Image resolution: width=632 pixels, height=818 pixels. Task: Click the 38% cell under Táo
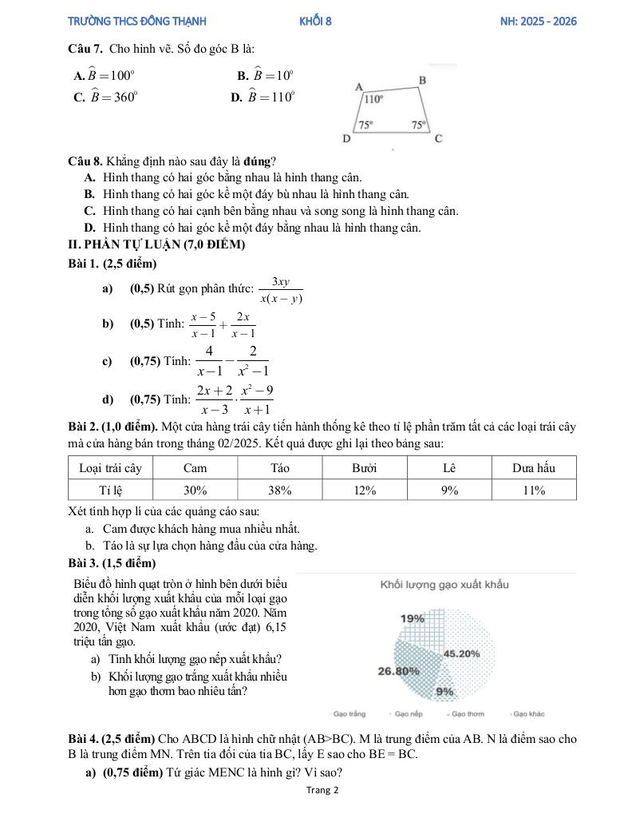[x=280, y=490]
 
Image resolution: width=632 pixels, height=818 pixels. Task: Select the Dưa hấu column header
[x=534, y=467]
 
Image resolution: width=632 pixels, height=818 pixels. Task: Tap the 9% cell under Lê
[x=449, y=490]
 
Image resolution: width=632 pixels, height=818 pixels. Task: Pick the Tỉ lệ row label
[x=110, y=490]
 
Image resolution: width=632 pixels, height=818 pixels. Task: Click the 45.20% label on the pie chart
[x=461, y=653]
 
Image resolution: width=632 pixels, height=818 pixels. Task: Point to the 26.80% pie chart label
[x=398, y=671]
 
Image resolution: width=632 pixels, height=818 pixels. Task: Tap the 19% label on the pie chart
[x=413, y=618]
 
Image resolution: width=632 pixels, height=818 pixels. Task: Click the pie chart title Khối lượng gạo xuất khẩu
[x=444, y=584]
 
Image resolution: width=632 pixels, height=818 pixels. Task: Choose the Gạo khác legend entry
[x=529, y=713]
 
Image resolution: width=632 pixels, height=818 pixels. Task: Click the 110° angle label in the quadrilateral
[x=373, y=100]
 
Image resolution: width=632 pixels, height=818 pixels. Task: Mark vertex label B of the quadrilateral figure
[x=423, y=80]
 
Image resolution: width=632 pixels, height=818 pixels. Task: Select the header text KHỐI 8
[x=315, y=22]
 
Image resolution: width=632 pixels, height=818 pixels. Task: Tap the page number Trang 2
[x=322, y=791]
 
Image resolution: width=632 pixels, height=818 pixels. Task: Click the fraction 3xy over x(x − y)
[x=281, y=291]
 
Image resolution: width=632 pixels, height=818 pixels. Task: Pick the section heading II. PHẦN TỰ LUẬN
[x=156, y=244]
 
